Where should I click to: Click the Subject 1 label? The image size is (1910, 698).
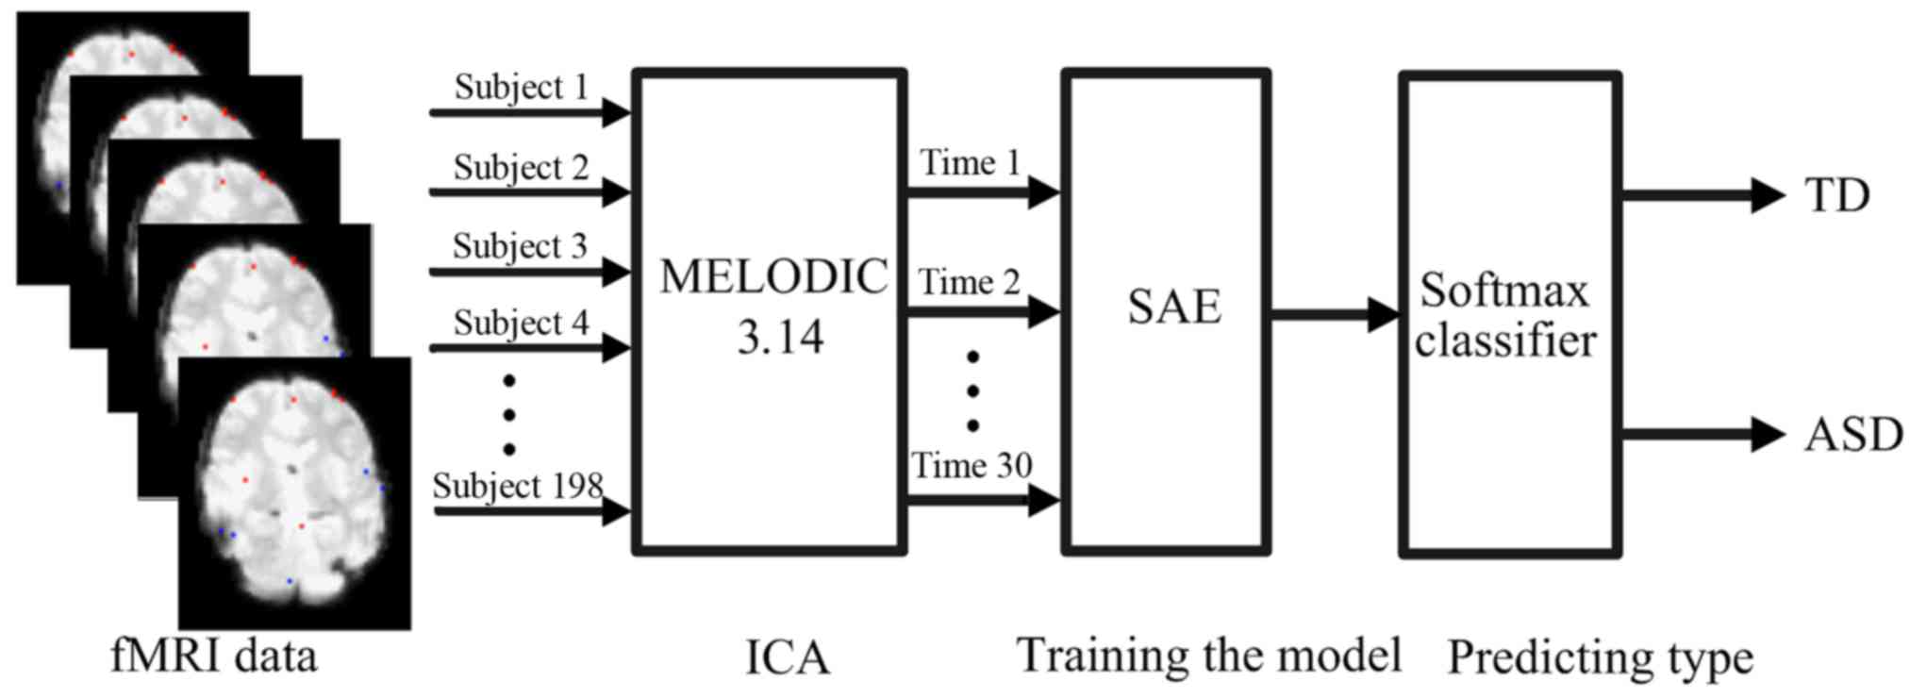[x=521, y=87]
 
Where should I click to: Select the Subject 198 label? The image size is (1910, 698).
[x=518, y=486]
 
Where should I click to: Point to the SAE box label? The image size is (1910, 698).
[x=1174, y=307]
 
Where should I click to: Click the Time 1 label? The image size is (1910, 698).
[x=971, y=163]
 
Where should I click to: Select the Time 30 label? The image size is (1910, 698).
[x=971, y=465]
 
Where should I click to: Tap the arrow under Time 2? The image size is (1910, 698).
[x=982, y=311]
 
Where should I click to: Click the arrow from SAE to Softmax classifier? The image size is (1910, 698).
[x=1334, y=314]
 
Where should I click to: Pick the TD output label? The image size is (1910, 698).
[x=1836, y=196]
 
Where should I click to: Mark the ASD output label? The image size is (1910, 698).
[x=1853, y=435]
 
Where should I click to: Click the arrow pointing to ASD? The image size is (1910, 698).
[x=1702, y=435]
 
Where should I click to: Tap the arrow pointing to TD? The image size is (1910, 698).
[x=1702, y=196]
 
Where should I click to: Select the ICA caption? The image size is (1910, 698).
[x=787, y=658]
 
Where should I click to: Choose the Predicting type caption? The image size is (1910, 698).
[x=1600, y=658]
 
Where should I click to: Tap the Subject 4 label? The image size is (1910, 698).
[x=521, y=324]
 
